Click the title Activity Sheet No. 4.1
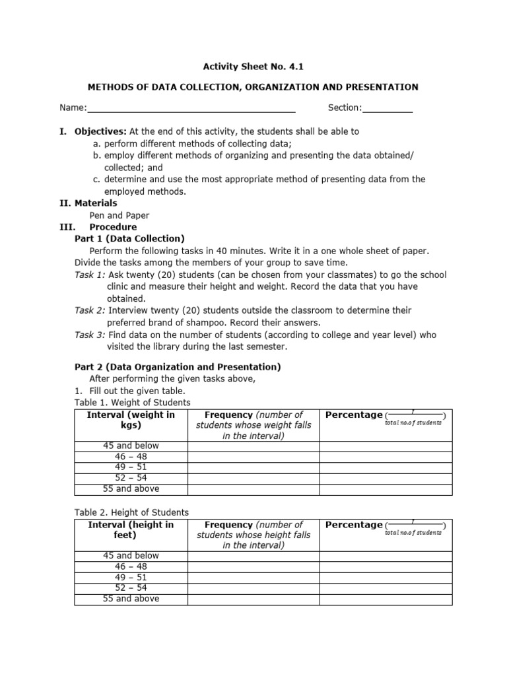point(253,66)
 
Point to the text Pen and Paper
point(119,215)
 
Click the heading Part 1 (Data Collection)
point(129,238)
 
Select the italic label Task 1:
point(90,275)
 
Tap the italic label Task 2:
point(90,310)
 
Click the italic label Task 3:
point(90,335)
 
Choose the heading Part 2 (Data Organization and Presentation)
point(178,366)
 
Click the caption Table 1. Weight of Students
point(132,402)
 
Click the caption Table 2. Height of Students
point(131,512)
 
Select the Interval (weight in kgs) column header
point(131,420)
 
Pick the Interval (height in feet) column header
point(131,530)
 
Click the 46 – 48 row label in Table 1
point(131,456)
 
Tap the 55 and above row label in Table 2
point(131,599)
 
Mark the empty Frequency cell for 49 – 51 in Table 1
point(253,467)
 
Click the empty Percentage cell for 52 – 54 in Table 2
point(386,588)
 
